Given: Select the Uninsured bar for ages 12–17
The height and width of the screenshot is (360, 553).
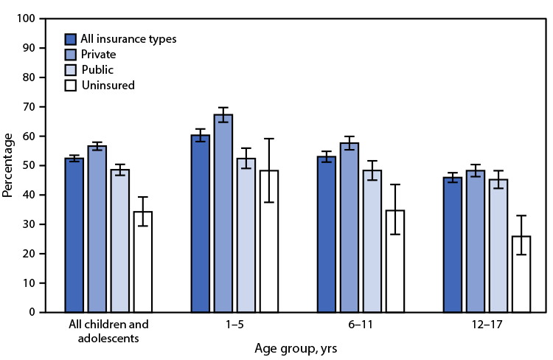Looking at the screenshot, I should pos(521,274).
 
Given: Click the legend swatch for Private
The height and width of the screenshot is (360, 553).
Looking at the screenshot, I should pos(71,55).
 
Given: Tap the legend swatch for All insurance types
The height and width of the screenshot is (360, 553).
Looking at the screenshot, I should pos(71,39).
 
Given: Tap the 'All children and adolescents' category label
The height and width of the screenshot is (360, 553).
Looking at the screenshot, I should pos(108,330).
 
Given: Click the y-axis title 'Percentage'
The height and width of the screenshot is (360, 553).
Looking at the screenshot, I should pos(8,165).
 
